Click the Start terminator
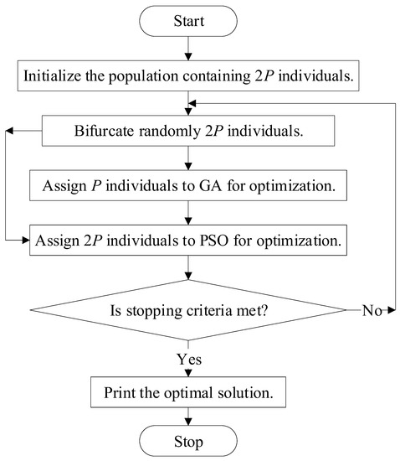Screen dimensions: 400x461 point(188,21)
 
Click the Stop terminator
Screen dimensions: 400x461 point(188,441)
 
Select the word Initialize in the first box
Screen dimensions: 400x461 point(52,76)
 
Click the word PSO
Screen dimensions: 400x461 point(214,241)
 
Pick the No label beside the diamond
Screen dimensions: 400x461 point(372,310)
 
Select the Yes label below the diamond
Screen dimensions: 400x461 point(189,359)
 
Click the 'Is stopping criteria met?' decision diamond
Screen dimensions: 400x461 point(188,310)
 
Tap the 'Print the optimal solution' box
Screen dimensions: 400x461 point(188,392)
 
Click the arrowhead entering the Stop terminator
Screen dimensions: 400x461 point(188,422)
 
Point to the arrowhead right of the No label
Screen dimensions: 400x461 point(392,310)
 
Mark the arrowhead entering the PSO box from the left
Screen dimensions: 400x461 point(26,241)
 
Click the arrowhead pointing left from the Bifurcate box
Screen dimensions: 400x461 point(9,131)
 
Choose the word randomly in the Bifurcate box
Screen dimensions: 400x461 point(170,132)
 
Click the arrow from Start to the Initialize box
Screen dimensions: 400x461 point(188,49)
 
